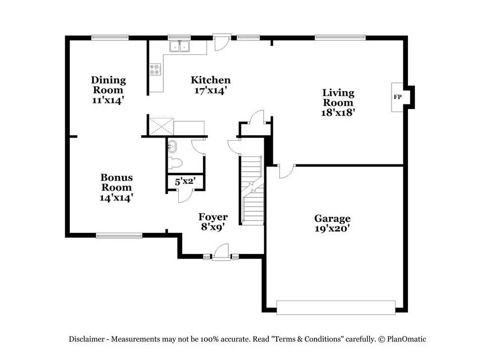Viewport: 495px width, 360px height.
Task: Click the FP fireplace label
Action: pos(397,97)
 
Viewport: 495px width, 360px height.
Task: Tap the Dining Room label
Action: pos(108,85)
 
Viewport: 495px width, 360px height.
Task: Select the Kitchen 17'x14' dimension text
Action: pos(210,91)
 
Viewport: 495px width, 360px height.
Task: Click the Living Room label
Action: pos(338,98)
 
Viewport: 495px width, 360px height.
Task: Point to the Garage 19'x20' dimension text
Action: pos(332,229)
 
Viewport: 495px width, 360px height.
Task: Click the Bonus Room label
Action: pos(116,182)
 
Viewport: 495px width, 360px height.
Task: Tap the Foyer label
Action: pos(213,217)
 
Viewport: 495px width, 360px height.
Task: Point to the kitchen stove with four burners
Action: pos(155,70)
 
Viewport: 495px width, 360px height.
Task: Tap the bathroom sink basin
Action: pos(173,147)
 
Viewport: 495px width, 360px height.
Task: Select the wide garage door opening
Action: pos(336,308)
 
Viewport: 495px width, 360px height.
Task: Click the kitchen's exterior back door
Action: pos(221,42)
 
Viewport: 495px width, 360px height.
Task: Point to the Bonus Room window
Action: pos(119,236)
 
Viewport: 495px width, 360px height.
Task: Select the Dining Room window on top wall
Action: pos(110,37)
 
